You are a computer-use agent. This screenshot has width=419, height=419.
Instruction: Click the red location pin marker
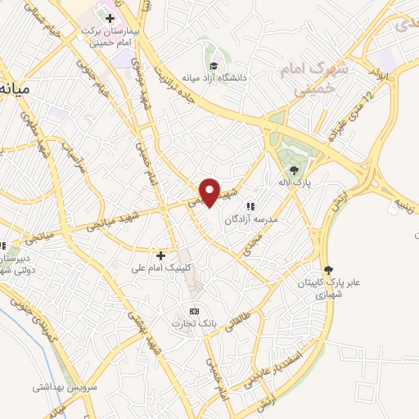[210, 192]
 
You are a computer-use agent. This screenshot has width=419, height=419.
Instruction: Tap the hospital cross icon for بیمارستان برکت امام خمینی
[110, 18]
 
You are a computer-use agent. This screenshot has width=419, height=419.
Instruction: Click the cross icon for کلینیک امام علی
[161, 255]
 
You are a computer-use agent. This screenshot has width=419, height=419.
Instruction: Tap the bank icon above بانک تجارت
[194, 311]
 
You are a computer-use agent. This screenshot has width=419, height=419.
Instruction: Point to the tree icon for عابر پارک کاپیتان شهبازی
[330, 269]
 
